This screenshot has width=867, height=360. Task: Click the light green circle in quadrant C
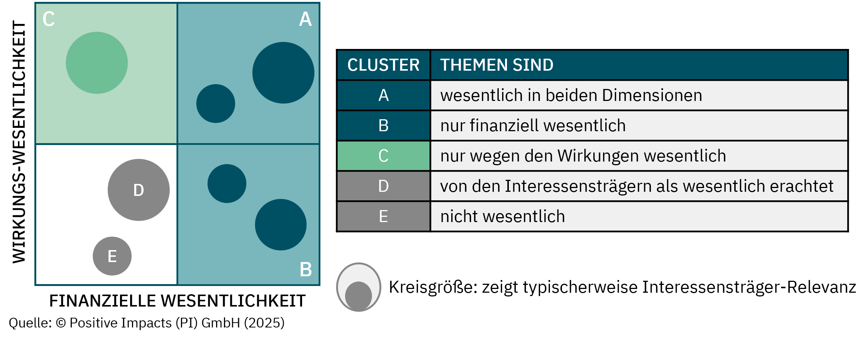[x=97, y=63]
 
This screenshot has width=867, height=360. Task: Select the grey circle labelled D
[x=139, y=190]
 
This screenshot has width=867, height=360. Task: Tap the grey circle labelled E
[x=112, y=256]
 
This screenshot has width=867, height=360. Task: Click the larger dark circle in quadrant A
[x=283, y=73]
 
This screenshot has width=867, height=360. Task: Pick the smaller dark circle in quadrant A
[x=216, y=104]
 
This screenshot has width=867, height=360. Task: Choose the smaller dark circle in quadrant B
[x=227, y=184]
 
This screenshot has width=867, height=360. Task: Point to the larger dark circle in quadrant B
[x=281, y=225]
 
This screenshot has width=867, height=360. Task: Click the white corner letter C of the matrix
[x=49, y=19]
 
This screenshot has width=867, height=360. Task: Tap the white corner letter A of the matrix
[x=305, y=19]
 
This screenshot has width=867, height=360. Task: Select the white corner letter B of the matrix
[x=306, y=270]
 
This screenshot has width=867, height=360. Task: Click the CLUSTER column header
[x=383, y=65]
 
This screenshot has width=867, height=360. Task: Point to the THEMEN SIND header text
[x=496, y=65]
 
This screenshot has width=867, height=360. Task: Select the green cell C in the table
[x=383, y=156]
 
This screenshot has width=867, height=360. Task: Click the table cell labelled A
[x=383, y=95]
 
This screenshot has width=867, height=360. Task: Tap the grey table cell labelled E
[x=383, y=216]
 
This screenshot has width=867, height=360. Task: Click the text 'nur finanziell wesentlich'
[x=533, y=126]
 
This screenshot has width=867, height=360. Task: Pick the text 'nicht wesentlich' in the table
[x=502, y=216]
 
